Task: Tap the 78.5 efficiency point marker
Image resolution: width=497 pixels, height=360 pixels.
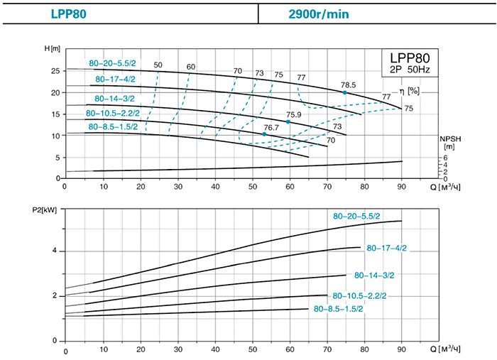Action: coord(345,92)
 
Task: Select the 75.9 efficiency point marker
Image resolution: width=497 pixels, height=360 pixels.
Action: coord(288,122)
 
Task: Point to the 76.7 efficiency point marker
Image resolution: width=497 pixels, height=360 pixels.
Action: coord(264,134)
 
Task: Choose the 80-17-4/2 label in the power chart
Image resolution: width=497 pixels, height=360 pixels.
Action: coord(386,249)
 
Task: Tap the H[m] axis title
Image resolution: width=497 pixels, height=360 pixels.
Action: coord(52,48)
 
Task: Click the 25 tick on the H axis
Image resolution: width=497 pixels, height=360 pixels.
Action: coord(55,71)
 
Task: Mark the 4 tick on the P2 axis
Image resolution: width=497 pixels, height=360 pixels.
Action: coord(55,251)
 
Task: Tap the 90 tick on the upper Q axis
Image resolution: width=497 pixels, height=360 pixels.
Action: coord(402,187)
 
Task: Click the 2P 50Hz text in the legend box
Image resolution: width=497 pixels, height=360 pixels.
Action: coord(410,70)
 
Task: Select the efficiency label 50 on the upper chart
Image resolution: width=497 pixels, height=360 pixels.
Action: coord(158,65)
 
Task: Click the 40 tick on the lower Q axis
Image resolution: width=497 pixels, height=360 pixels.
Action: coord(215,351)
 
